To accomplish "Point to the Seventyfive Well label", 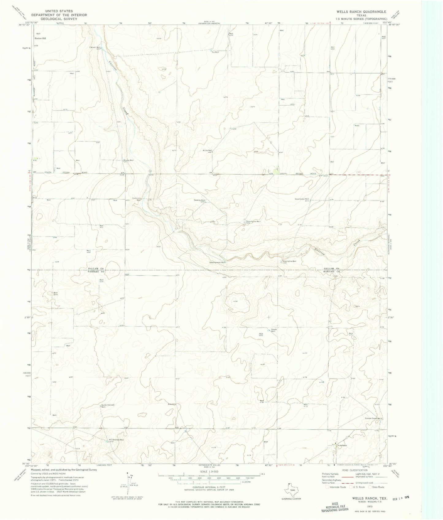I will [289, 261].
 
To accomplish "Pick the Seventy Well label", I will [199, 200].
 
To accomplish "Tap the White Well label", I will [207, 150].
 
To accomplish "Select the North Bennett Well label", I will [108, 405].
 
